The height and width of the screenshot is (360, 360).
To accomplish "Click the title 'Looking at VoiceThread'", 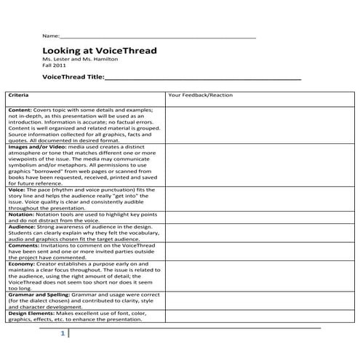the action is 99,51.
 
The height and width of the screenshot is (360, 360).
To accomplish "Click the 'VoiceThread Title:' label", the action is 73,76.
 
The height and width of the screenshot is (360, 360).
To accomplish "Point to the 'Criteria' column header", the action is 20,95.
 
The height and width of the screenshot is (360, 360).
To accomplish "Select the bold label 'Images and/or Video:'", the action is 37,146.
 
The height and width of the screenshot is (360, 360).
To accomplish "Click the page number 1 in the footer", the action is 63,333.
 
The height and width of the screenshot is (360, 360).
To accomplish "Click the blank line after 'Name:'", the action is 157,36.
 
